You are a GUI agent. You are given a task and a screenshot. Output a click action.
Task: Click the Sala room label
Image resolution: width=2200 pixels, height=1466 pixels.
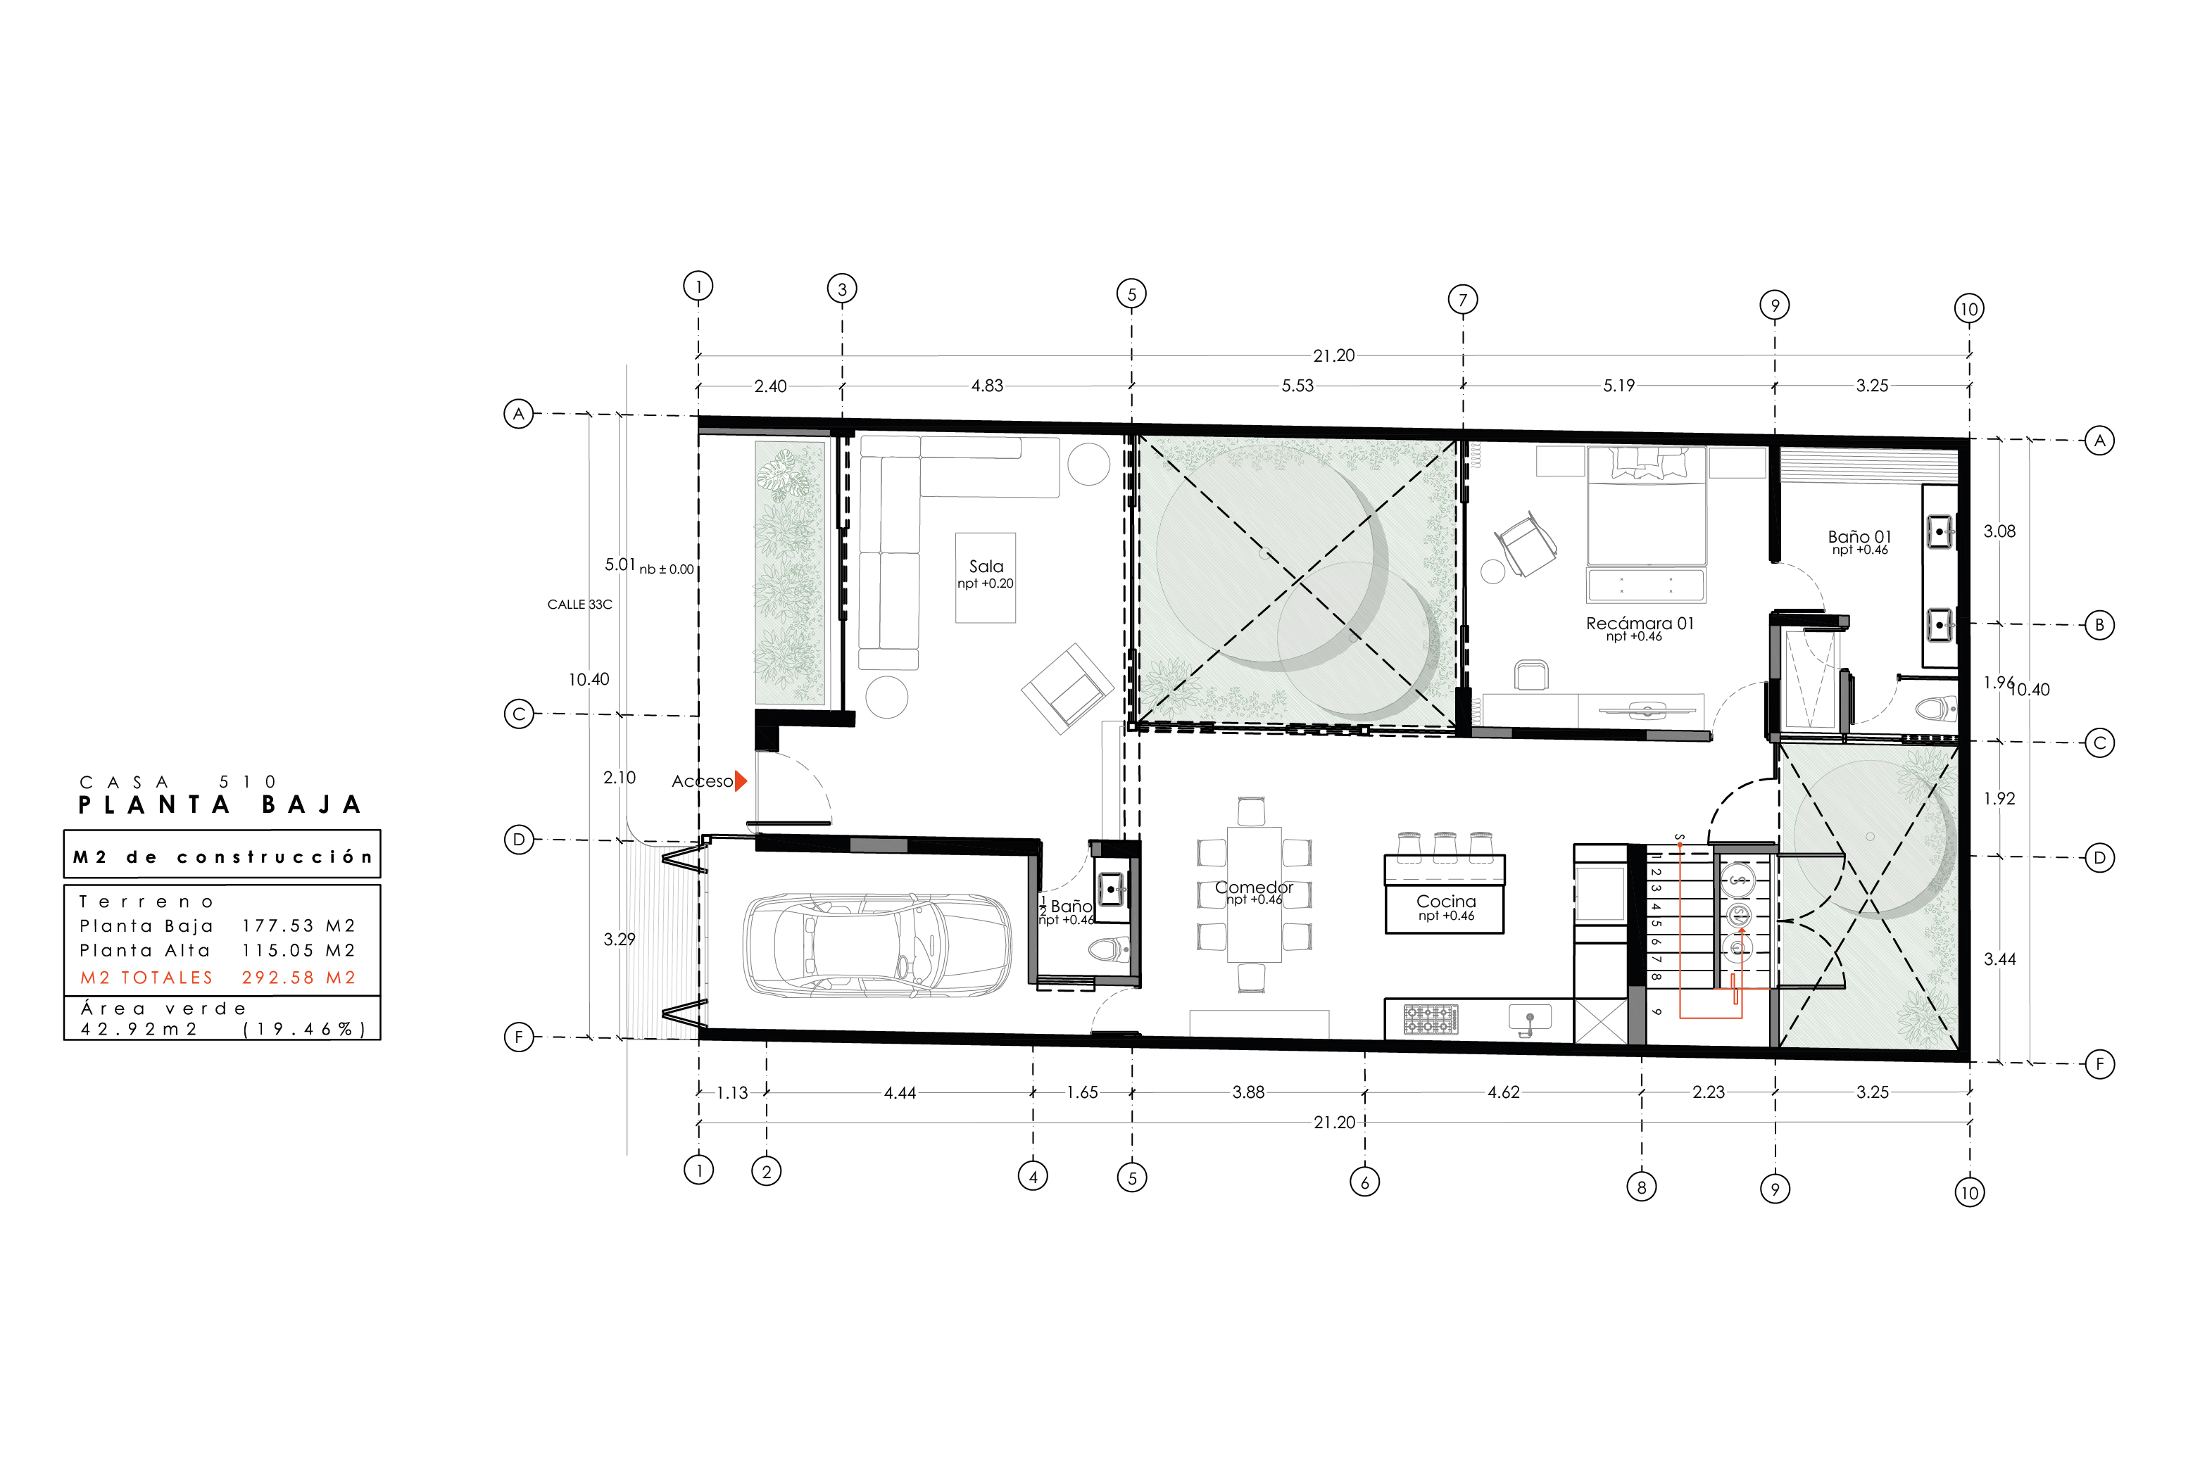pyautogui.click(x=986, y=567)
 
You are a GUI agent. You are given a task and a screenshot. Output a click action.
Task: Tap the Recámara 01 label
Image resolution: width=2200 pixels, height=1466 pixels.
pyautogui.click(x=1639, y=624)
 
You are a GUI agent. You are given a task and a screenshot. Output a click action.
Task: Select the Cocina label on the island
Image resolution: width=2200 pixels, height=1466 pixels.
pyautogui.click(x=1445, y=902)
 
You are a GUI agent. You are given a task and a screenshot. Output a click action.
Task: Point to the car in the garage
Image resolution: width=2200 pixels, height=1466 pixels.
pyautogui.click(x=876, y=944)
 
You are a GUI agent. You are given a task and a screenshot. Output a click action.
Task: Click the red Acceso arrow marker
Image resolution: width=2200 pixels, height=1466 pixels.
pyautogui.click(x=741, y=781)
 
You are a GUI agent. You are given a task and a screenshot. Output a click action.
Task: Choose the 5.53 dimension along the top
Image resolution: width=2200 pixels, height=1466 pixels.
pyautogui.click(x=1297, y=385)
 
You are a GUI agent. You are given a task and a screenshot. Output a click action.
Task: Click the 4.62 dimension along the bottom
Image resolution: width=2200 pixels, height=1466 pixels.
pyautogui.click(x=1504, y=1092)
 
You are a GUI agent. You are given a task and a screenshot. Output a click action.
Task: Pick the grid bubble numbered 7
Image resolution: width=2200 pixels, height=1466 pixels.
pyautogui.click(x=1462, y=299)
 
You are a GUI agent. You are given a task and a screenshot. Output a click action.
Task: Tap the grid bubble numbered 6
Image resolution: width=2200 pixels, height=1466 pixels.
pyautogui.click(x=1364, y=1182)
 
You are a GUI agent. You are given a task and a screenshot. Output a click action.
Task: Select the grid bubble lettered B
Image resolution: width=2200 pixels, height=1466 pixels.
pyautogui.click(x=2099, y=624)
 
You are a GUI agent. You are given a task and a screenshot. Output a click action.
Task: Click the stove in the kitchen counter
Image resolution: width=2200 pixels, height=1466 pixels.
pyautogui.click(x=1431, y=1019)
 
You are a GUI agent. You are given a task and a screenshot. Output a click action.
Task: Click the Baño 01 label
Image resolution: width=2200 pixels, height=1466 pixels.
pyautogui.click(x=1859, y=537)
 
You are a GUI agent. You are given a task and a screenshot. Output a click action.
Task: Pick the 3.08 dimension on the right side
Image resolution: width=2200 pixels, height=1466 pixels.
pyautogui.click(x=1999, y=531)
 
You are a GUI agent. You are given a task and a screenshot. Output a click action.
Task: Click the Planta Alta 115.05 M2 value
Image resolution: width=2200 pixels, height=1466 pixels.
pyautogui.click(x=298, y=951)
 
